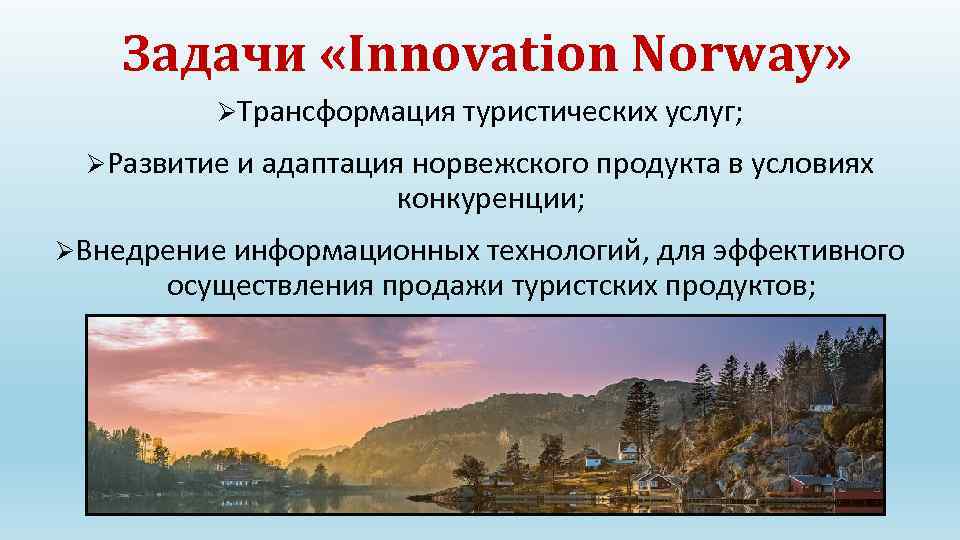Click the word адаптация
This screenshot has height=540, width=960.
[324, 163]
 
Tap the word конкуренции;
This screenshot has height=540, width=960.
[491, 199]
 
